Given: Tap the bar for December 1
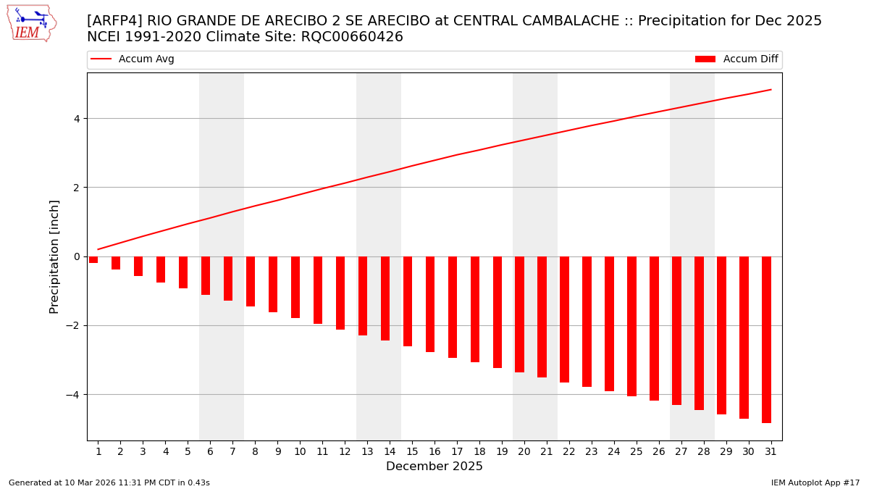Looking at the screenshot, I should pos(93,259).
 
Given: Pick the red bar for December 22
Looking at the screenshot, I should pos(564,319).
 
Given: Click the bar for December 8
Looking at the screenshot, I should pos(251,281).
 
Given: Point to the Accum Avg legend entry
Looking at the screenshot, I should pos(133,59).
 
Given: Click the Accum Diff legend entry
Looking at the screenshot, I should pos(736,59).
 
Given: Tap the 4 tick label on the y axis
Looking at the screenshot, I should pos(75,119).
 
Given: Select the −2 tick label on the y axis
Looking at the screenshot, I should pos(72,326).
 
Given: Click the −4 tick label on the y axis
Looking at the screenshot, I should pos(72,395).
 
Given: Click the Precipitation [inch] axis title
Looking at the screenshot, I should pos(55,256).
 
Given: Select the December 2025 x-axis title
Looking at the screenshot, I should pos(434,467).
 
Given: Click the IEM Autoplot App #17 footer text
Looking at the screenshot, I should pos(815,482).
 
